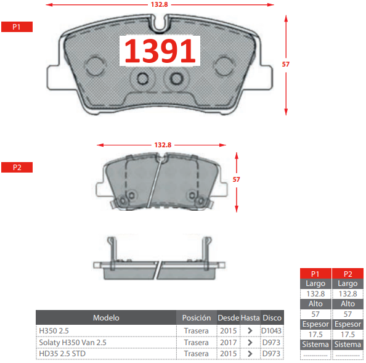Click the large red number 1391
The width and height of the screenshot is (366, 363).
click(x=160, y=51)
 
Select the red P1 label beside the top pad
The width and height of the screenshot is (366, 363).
click(x=17, y=27)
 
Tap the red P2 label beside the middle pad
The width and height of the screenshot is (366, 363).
click(x=17, y=168)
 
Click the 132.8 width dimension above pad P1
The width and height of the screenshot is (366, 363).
click(x=160, y=4)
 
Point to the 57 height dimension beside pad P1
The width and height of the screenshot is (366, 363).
click(x=286, y=64)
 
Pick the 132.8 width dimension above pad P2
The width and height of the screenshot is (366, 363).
click(x=163, y=145)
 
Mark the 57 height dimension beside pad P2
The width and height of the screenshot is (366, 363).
click(x=236, y=179)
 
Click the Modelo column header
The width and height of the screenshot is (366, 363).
click(x=106, y=318)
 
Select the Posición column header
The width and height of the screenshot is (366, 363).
click(x=197, y=318)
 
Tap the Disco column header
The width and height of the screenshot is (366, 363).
click(x=272, y=318)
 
